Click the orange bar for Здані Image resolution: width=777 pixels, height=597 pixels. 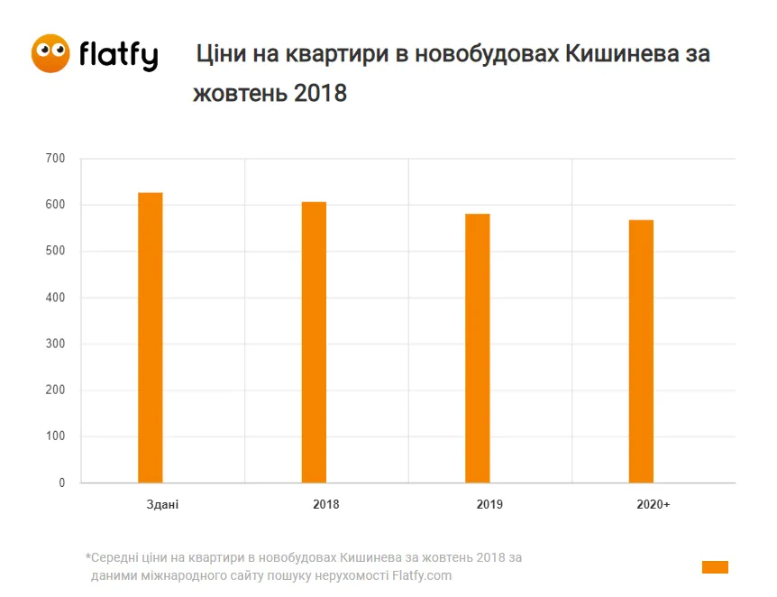151,338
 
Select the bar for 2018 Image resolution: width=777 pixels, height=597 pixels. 314,343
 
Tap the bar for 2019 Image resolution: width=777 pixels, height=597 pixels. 478,348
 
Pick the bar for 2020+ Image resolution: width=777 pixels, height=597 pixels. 641,352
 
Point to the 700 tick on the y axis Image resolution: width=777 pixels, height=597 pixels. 55,159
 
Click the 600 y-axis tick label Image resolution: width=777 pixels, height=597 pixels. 55,205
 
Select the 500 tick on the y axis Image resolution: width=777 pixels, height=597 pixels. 55,252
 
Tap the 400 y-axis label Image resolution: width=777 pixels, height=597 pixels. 55,298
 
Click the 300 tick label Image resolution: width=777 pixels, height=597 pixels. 55,344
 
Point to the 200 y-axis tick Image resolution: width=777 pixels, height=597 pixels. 55,390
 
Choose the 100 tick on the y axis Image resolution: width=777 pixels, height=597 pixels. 55,437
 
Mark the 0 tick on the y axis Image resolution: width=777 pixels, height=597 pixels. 62,483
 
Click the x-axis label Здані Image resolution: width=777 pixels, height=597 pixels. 162,504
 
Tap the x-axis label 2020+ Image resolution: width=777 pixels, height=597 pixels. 653,504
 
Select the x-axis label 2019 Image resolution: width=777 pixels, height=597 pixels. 489,504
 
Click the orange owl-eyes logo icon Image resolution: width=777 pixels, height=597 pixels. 50,54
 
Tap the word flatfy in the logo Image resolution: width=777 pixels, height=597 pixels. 118,56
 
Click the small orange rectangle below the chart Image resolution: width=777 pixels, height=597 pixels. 715,567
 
